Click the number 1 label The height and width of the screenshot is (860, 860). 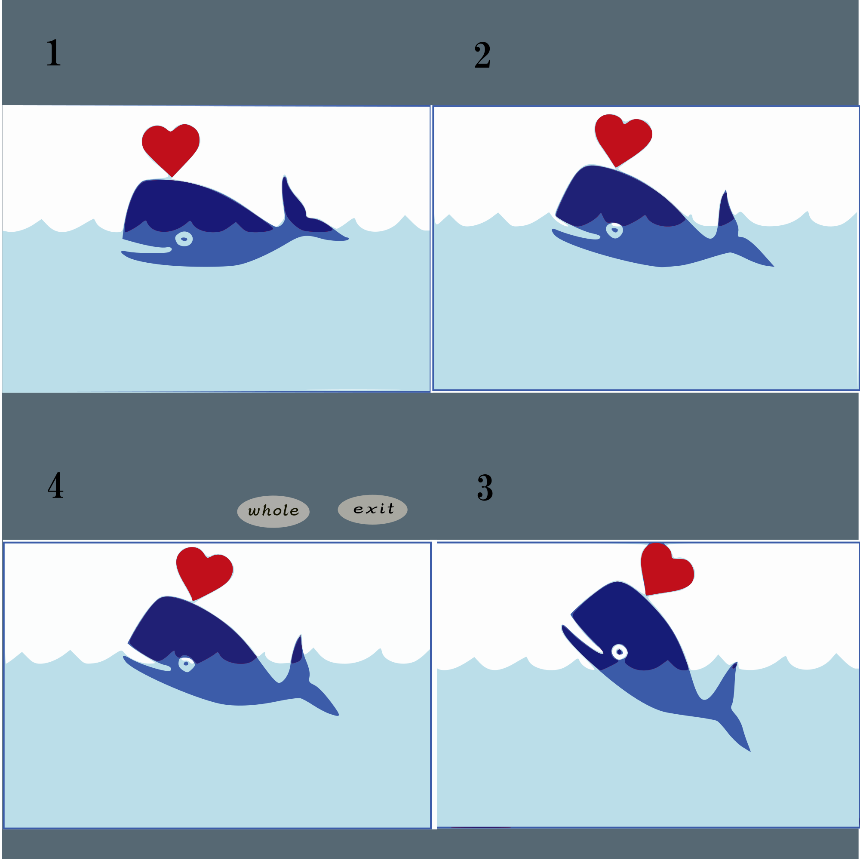pyautogui.click(x=54, y=53)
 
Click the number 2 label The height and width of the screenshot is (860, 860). pyautogui.click(x=482, y=55)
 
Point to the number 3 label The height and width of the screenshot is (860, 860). pyautogui.click(x=485, y=488)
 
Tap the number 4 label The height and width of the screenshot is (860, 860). pyautogui.click(x=55, y=485)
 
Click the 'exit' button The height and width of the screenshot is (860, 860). pyautogui.click(x=372, y=510)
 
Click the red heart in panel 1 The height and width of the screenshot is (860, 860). pyautogui.click(x=170, y=150)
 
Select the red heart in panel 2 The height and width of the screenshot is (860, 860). pyautogui.click(x=623, y=140)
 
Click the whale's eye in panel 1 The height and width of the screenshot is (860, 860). pyautogui.click(x=184, y=239)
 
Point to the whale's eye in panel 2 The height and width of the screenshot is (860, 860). pyautogui.click(x=614, y=230)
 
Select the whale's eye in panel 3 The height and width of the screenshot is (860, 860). pyautogui.click(x=619, y=652)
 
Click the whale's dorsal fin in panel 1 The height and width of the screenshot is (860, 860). pyautogui.click(x=294, y=200)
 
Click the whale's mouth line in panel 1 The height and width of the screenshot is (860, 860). pyautogui.click(x=147, y=252)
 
